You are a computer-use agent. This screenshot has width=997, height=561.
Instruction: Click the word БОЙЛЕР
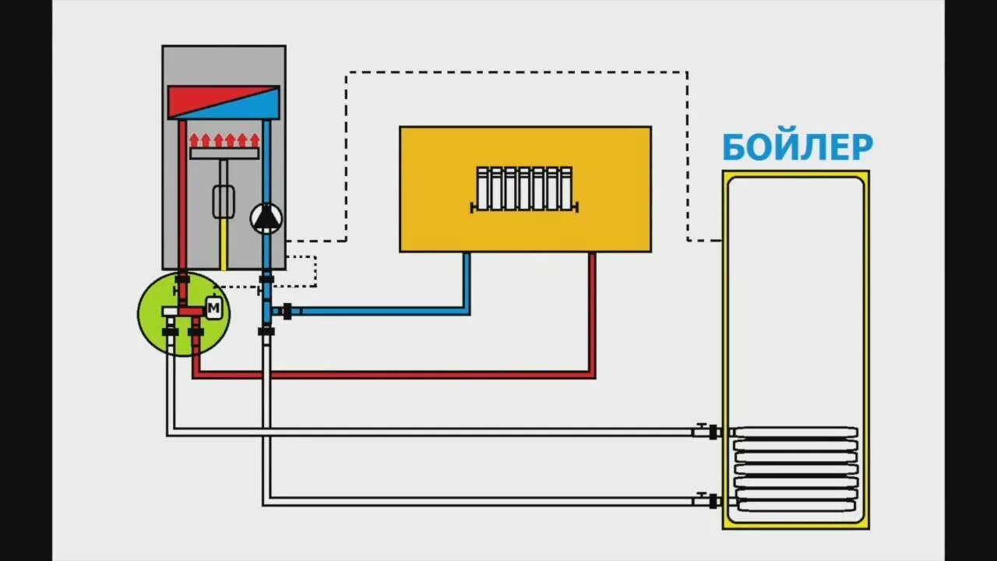797,146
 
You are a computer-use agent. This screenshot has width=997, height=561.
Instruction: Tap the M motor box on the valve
213,309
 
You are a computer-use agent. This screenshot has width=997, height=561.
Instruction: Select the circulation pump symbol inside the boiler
266,218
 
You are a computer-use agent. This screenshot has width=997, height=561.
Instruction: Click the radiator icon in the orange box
524,189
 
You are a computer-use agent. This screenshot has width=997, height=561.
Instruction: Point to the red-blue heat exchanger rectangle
224,102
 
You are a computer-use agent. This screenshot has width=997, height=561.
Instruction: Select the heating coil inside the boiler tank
795,468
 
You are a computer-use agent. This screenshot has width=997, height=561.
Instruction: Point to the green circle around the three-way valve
156,327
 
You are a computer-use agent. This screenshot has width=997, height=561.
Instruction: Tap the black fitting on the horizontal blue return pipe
287,312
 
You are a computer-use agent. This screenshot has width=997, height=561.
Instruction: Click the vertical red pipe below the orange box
592,312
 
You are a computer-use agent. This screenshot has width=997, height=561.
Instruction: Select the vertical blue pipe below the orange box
467,280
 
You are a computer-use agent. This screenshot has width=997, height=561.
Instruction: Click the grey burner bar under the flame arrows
224,153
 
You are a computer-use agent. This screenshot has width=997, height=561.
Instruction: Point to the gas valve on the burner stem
224,201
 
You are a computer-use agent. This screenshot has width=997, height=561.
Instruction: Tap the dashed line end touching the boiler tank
718,240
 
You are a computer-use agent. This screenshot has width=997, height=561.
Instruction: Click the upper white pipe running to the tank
428,432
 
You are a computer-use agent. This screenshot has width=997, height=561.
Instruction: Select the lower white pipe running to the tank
467,502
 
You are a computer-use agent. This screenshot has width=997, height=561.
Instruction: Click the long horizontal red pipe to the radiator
389,375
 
